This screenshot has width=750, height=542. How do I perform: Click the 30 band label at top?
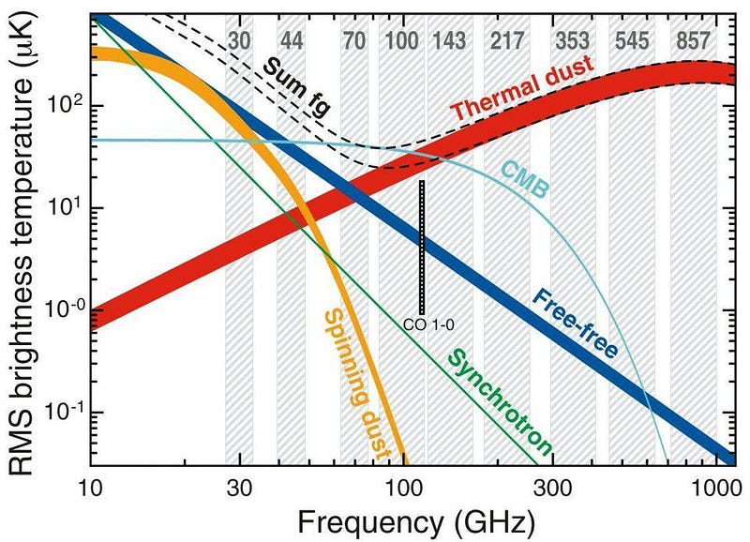[240, 41]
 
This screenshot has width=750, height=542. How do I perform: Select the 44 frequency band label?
[291, 41]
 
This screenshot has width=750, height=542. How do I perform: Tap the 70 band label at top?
[354, 41]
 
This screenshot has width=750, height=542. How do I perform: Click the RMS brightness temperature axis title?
[25, 242]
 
